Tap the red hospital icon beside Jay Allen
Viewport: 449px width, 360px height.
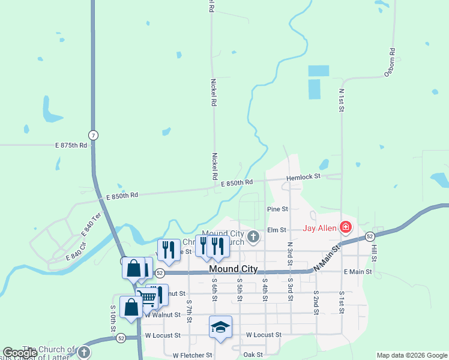point(346,227)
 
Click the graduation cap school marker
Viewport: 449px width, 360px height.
point(220,327)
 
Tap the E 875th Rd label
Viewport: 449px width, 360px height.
point(71,145)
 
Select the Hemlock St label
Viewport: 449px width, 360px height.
point(304,177)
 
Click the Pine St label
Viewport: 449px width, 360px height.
point(277,209)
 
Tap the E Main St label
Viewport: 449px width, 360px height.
point(358,272)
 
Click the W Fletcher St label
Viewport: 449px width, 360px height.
point(193,355)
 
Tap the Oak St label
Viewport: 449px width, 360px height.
point(253,355)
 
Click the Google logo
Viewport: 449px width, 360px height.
point(20,353)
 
